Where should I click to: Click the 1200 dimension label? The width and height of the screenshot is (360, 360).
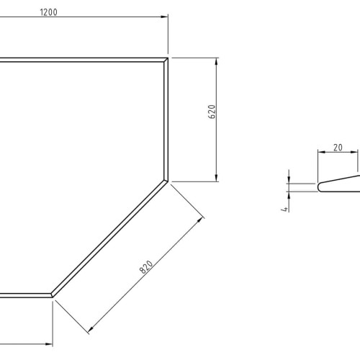pos(49,12)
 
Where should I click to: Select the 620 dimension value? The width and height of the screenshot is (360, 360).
pos(212,112)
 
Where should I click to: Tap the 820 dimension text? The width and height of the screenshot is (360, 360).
pos(146,266)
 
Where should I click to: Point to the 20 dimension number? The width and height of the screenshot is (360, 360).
pos(338,148)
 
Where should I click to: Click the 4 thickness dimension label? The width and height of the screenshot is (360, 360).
pos(284,209)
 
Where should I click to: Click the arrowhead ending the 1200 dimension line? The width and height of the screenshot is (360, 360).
pos(164,17)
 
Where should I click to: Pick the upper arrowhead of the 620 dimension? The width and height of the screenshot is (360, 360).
pos(217,62)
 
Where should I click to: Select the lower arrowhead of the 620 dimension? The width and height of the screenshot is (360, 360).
pos(217,178)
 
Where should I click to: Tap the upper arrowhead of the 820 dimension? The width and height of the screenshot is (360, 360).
pos(199,220)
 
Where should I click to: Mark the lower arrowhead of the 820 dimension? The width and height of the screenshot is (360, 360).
pos(91,329)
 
